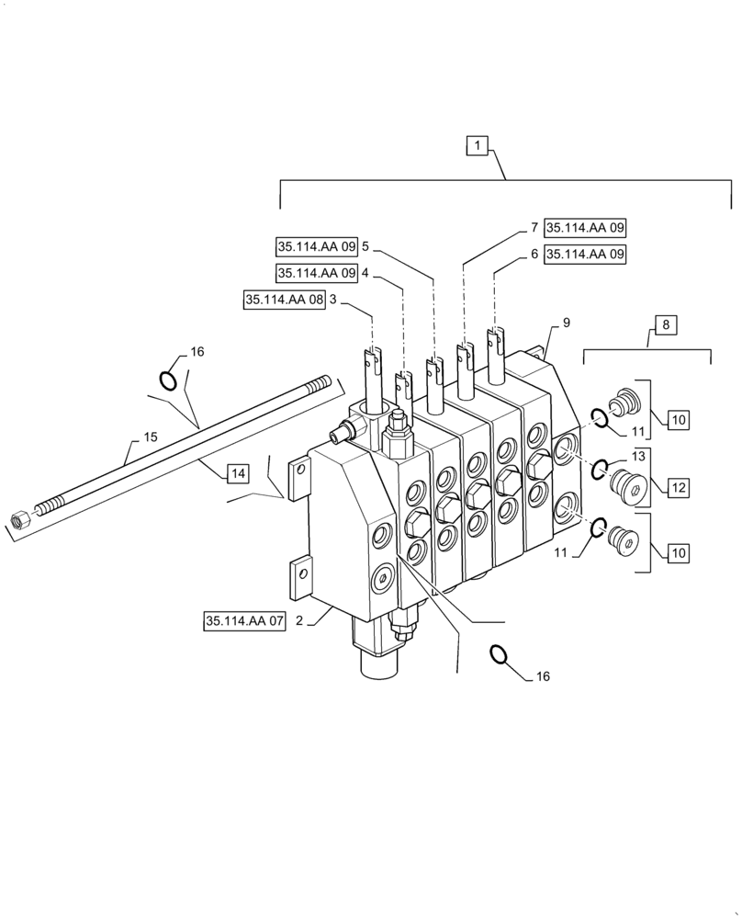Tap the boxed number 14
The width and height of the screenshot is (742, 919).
[x=237, y=473]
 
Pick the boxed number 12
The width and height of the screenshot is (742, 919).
[x=676, y=487]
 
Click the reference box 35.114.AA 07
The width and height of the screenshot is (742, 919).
[x=245, y=622]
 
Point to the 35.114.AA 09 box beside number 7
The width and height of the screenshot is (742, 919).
[x=585, y=228]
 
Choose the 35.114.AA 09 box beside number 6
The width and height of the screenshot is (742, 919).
[x=585, y=255]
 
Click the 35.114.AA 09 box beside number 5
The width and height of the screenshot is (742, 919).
[x=317, y=246]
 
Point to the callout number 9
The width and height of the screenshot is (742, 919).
[x=567, y=323]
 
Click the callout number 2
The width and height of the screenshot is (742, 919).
[x=298, y=621]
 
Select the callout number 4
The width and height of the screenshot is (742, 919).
[x=365, y=273]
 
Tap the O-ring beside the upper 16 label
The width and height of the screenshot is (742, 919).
[x=170, y=379]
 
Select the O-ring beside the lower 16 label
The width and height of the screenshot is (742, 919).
[x=500, y=653]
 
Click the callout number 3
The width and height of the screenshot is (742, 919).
[x=333, y=300]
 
